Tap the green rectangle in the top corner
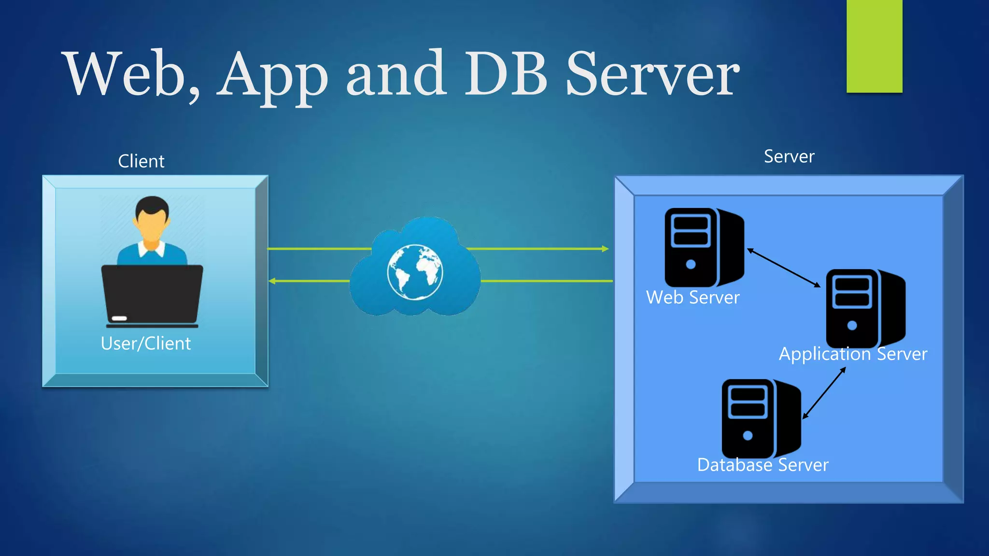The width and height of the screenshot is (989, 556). (874, 46)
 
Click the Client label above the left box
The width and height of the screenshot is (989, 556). (141, 161)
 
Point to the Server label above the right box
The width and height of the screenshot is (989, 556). (789, 156)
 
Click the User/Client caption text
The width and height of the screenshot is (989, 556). (146, 344)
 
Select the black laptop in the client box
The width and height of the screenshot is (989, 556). (152, 295)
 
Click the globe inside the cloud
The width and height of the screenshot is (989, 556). (414, 272)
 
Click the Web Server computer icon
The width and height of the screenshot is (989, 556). (704, 248)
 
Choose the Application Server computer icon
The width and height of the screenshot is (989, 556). (865, 308)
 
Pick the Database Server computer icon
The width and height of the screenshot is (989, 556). (761, 418)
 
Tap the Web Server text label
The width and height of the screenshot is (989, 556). (692, 298)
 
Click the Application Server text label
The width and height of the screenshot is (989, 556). (853, 354)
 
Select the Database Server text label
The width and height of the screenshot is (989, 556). (763, 465)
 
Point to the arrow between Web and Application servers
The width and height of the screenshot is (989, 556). (784, 268)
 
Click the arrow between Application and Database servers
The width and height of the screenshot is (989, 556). (824, 393)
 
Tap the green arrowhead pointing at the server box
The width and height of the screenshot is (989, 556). (605, 249)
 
